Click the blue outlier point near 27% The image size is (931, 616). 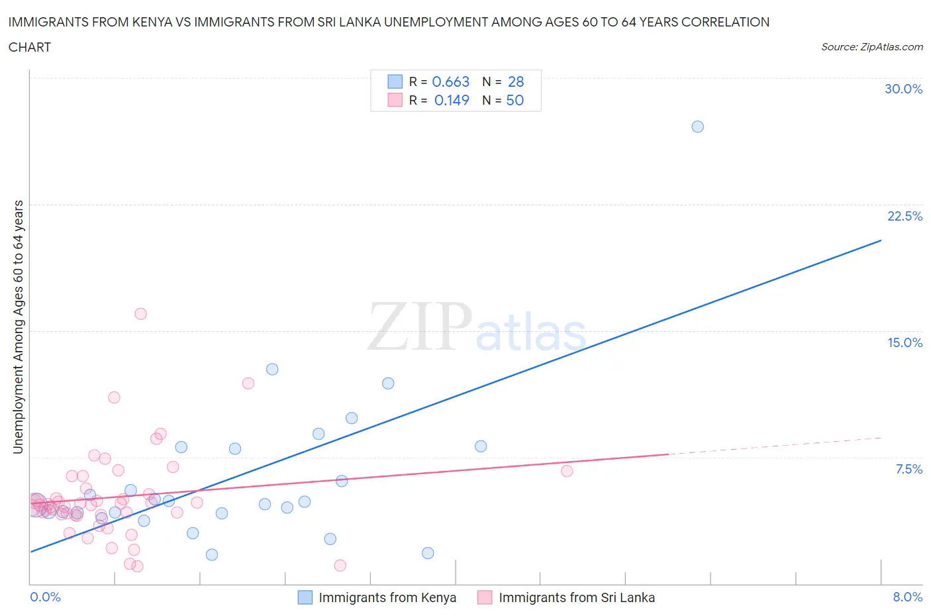click(697, 127)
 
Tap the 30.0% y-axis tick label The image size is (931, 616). click(903, 89)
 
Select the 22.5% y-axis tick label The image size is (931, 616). click(905, 216)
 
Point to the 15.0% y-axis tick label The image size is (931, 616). click(905, 342)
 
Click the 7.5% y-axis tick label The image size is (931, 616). click(908, 469)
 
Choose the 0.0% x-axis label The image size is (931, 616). click(45, 597)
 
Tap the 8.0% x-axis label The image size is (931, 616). click(907, 597)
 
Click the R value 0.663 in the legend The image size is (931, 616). click(450, 81)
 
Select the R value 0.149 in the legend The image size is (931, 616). click(452, 100)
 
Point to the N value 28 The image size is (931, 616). click(516, 81)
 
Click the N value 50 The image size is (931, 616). click(514, 100)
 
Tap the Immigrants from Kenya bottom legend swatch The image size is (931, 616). click(305, 597)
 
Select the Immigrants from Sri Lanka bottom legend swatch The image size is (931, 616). click(485, 597)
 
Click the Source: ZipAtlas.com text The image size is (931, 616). click(871, 46)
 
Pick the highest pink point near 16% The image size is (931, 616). click(140, 314)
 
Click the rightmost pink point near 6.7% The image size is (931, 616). click(567, 471)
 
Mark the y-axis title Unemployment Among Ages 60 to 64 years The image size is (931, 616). click(18, 327)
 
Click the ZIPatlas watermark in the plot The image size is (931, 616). click(477, 327)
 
